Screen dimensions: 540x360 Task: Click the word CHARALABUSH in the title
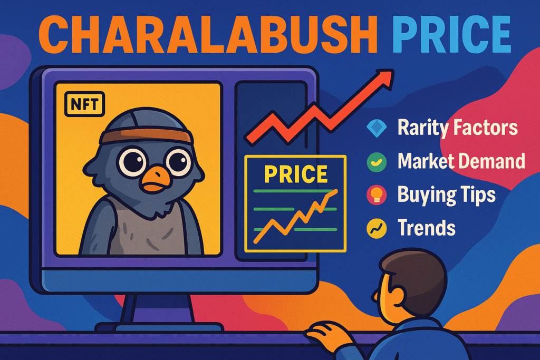(x=209, y=34)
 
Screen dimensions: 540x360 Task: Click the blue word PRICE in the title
(x=451, y=34)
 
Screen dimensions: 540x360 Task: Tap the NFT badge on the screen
(x=84, y=104)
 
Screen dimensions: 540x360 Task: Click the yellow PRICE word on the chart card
(x=295, y=174)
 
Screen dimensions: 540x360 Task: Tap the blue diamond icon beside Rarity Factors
(x=377, y=128)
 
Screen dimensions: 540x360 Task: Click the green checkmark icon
(x=377, y=162)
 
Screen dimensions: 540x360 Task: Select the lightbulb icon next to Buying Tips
(x=377, y=195)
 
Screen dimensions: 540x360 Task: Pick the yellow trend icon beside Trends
(x=377, y=228)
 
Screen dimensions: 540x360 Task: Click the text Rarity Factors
(x=458, y=128)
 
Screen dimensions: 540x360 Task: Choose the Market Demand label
(x=461, y=161)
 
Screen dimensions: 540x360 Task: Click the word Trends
(x=427, y=228)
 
